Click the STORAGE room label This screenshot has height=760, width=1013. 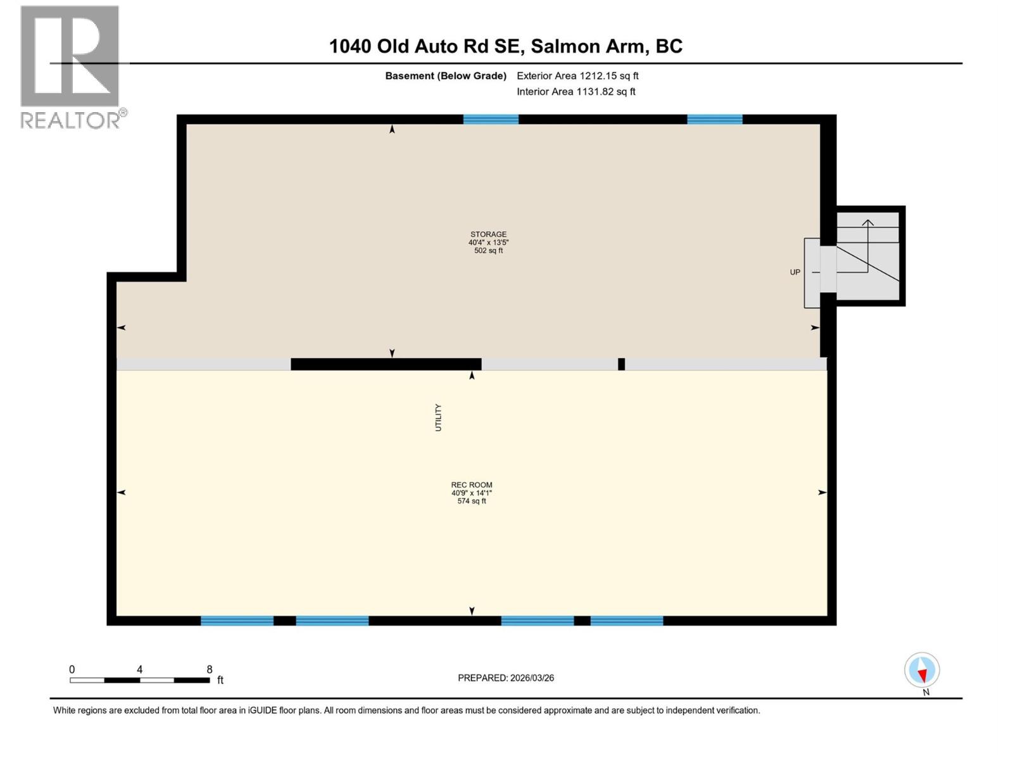pos(488,234)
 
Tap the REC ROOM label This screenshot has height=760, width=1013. pos(472,484)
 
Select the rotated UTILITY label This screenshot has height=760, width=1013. pos(438,417)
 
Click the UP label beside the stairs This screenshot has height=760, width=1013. pos(795,272)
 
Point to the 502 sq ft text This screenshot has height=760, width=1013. pos(488,251)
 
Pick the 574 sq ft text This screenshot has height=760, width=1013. pos(472,501)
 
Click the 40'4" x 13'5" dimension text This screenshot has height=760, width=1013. pos(488,243)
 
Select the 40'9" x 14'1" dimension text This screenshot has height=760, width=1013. pos(472,493)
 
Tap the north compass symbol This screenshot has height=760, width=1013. pos(922,670)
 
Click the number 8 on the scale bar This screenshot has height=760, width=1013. pos(210,669)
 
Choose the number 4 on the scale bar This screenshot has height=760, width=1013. pos(139,669)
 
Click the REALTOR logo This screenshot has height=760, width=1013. pos(70,66)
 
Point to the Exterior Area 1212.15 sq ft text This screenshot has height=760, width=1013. pos(577,76)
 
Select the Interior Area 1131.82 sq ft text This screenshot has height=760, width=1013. pos(576,92)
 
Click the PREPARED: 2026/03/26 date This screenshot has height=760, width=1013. pos(506,678)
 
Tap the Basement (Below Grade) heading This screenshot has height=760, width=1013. pos(446,76)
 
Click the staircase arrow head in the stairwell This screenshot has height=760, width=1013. pos(867,222)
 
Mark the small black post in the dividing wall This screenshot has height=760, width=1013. pos(621,364)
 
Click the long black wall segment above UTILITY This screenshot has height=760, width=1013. pos(386,364)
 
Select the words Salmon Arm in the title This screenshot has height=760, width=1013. pos(588,46)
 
